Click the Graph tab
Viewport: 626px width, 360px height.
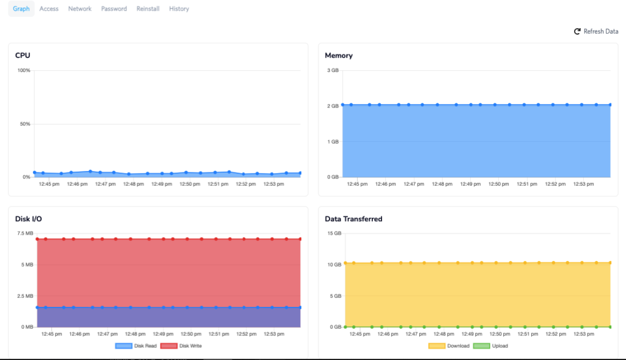pos(21,9)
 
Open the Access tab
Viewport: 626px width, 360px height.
pos(49,9)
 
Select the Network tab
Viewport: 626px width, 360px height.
pos(79,9)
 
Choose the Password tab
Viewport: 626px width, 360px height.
pos(114,9)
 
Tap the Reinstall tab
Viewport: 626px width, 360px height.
pos(148,9)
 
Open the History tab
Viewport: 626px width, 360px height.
pos(179,9)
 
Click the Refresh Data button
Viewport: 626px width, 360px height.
pos(596,31)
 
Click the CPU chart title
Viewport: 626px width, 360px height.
pos(23,56)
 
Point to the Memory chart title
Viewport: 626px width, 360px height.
pos(339,56)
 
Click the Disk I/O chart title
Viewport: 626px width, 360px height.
pos(28,219)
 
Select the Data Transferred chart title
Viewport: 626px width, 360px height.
pos(353,219)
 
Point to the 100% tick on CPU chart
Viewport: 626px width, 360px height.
pos(24,70)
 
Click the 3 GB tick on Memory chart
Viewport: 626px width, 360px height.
pos(333,70)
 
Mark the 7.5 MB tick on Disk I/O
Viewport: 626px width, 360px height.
pos(25,233)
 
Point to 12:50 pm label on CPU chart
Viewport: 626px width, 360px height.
pos(190,183)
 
